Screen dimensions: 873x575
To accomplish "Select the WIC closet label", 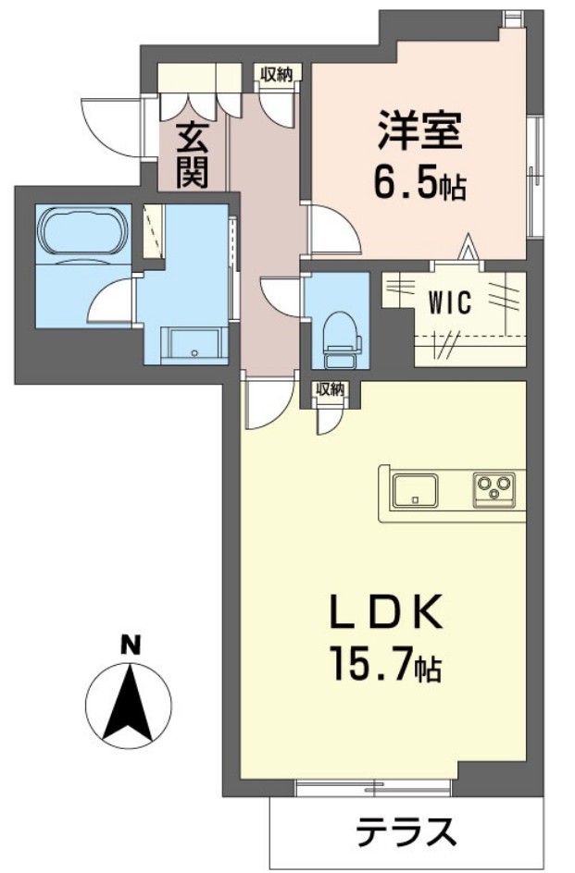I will pos(450,302).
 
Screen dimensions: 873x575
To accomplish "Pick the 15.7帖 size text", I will pos(387,665).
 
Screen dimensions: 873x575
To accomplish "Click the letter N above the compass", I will pos(131,646).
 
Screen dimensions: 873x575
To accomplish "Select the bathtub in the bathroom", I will pos(82,232).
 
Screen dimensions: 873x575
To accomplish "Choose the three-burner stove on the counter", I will pos(494,487).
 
